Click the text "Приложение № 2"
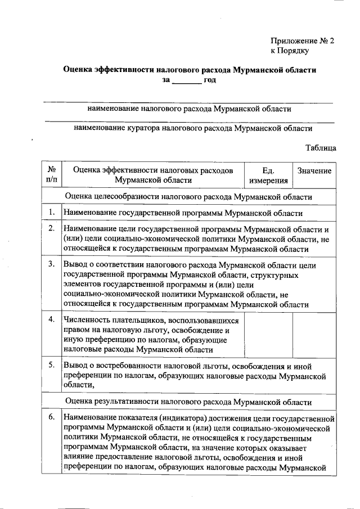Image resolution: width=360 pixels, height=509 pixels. click(302, 40)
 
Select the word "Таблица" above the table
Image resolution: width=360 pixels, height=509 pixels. click(321, 148)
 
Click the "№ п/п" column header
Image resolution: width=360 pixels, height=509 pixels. click(52, 175)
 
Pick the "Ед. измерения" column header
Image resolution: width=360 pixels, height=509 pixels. click(268, 175)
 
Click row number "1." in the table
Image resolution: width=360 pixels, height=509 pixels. click(51, 213)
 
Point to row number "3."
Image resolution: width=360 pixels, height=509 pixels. click(51, 264)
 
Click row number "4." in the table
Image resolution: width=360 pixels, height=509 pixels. click(51, 319)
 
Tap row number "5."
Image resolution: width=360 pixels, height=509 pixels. click(51, 366)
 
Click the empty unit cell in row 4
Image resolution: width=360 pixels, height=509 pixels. click(268, 334)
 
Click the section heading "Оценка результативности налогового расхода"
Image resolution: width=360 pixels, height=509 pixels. click(188, 402)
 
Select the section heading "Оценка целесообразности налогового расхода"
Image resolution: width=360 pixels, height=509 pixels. click(188, 197)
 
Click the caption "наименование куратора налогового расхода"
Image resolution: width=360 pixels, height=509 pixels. click(193, 128)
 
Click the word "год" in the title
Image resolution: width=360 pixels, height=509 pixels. click(210, 80)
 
